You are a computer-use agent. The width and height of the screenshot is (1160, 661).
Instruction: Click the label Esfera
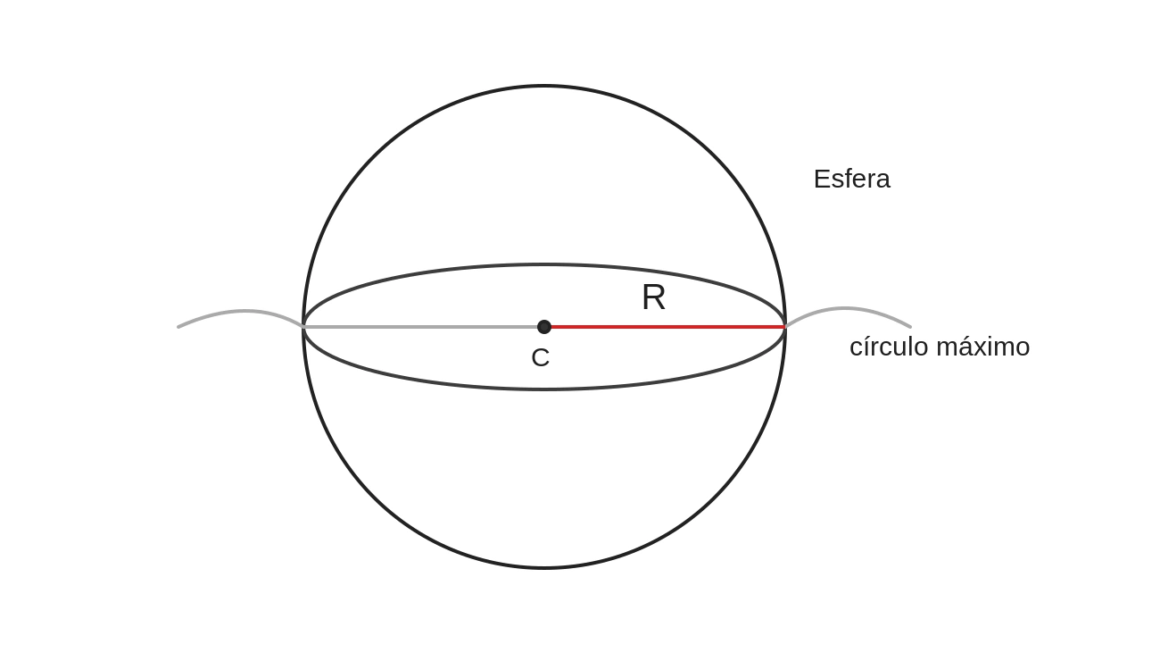tap(852, 179)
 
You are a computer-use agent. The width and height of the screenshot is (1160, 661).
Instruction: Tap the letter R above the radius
tap(653, 297)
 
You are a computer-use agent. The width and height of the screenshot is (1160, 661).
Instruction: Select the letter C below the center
tap(540, 357)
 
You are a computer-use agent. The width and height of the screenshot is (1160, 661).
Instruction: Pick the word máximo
tap(983, 347)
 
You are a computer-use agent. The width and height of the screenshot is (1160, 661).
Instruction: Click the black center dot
tap(544, 327)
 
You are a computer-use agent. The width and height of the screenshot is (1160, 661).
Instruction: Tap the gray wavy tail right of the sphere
tap(848, 309)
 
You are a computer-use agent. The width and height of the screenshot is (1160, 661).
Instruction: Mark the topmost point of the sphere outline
tap(544, 86)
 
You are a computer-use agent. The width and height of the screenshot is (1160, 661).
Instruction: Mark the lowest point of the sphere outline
tap(544, 568)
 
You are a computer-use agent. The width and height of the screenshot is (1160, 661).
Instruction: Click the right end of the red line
tap(785, 327)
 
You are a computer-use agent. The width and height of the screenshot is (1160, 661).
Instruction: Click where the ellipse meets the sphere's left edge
tap(303, 327)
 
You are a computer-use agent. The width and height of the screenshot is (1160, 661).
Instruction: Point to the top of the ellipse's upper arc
tap(544, 265)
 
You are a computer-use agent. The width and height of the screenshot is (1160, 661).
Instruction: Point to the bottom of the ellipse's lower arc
tap(544, 389)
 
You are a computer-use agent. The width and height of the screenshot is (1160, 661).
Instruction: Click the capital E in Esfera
tap(822, 179)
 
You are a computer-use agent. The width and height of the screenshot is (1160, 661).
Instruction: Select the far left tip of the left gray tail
tap(178, 327)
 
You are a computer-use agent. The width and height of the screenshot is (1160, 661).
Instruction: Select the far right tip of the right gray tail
tap(910, 327)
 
